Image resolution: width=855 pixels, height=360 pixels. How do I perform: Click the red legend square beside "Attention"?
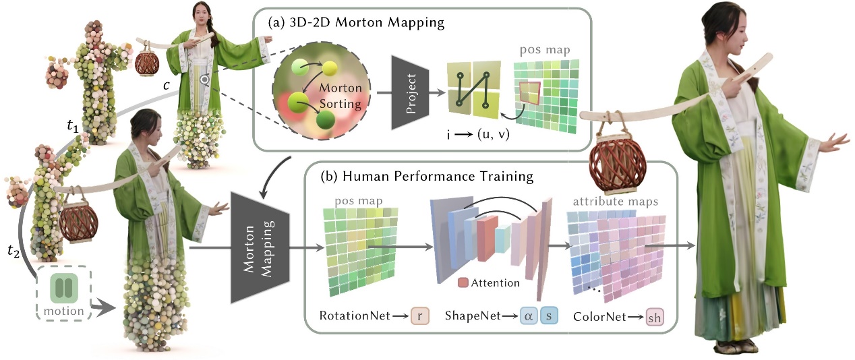point(463,282)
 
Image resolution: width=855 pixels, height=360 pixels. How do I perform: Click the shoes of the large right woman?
point(728,347)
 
